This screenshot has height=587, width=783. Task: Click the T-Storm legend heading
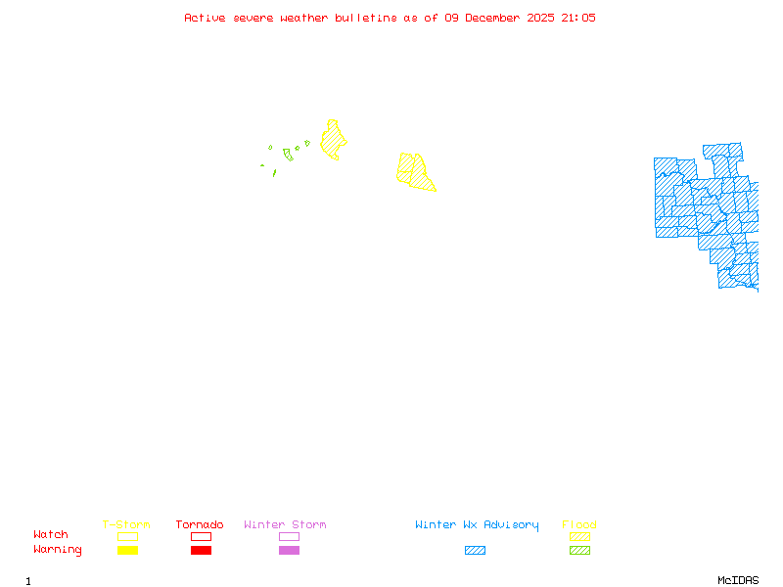[x=126, y=525]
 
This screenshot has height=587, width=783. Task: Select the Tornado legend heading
[x=200, y=525]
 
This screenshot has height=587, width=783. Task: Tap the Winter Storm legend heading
[x=285, y=525]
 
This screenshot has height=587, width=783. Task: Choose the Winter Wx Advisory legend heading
[x=477, y=525]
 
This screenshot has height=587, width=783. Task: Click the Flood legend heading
[x=579, y=525]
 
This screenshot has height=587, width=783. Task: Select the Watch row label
[x=51, y=535]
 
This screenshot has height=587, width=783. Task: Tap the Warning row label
[x=58, y=550]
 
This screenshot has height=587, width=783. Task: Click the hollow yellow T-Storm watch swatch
[x=127, y=536]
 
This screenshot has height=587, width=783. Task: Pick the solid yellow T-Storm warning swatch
[x=127, y=551]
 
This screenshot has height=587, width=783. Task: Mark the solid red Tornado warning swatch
[x=201, y=551]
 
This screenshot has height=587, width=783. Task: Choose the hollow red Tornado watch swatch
[x=201, y=536]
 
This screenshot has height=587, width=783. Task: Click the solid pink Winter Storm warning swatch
[x=289, y=551]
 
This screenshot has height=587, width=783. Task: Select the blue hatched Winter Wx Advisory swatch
[x=475, y=551]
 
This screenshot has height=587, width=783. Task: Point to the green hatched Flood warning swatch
[x=579, y=551]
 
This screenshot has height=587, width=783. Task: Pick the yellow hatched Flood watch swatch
[x=579, y=536]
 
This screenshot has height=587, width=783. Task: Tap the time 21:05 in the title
[x=576, y=18]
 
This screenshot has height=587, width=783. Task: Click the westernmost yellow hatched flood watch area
[x=333, y=141]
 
